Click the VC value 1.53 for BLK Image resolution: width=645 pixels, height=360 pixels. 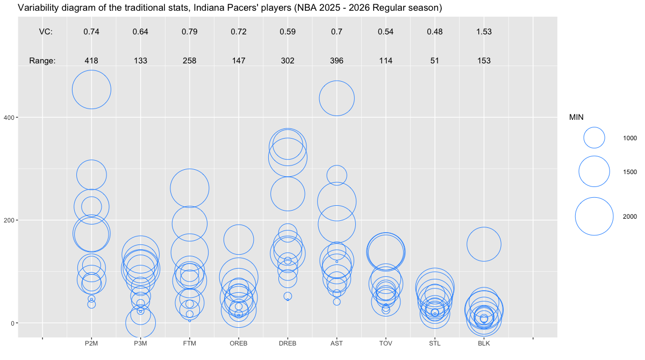(484, 32)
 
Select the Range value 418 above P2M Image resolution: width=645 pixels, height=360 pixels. (91, 61)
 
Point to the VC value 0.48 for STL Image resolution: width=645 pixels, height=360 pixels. (435, 32)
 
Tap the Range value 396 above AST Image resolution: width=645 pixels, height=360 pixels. (336, 61)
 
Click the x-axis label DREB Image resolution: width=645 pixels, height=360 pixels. (288, 343)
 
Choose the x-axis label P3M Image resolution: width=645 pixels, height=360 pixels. (140, 343)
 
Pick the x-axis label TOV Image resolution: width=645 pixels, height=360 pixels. (385, 343)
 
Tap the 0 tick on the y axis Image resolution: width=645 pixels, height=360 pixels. (13, 323)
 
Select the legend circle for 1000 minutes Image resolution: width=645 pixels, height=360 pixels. (594, 138)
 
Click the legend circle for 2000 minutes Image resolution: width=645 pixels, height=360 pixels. (594, 216)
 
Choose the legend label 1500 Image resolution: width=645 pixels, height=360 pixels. (630, 172)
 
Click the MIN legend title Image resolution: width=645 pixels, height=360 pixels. (577, 117)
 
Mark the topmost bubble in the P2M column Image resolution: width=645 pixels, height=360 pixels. (91, 90)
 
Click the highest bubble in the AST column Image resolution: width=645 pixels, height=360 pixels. (336, 98)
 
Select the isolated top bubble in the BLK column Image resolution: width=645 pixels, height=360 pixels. (484, 244)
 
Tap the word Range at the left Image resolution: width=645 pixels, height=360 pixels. (42, 61)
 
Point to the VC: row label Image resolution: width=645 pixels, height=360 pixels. (46, 32)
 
